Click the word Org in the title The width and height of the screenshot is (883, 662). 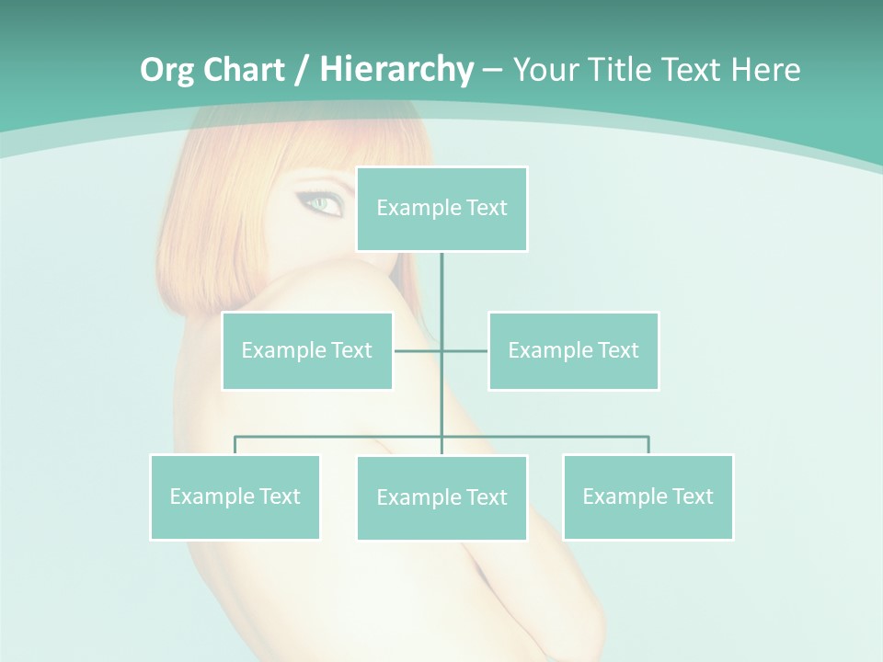click(166, 70)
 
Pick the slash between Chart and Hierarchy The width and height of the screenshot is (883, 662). click(302, 70)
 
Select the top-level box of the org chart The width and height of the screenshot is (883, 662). click(441, 209)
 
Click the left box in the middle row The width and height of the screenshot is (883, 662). click(307, 350)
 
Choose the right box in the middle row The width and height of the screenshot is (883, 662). click(573, 350)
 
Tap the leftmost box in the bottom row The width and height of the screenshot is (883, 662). click(235, 496)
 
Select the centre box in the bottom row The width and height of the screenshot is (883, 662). click(441, 497)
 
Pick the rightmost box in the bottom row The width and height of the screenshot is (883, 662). click(648, 496)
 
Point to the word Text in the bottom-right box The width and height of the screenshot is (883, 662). click(692, 496)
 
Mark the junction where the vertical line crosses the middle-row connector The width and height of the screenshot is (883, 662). click(441, 350)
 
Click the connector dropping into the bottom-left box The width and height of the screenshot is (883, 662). click(235, 445)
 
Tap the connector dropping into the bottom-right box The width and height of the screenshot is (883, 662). click(648, 445)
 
